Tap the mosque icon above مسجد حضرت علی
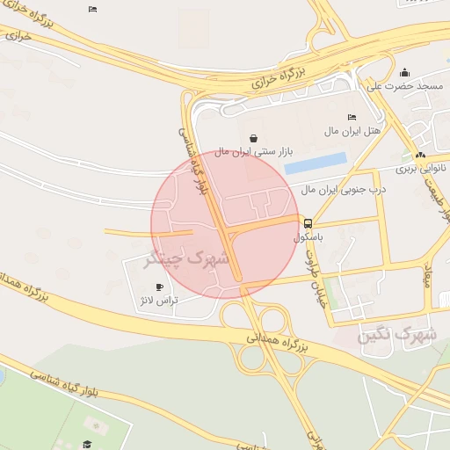(404, 72)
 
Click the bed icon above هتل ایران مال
(352, 118)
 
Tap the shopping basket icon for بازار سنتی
(254, 138)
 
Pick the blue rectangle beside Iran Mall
(316, 163)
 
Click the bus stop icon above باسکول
(308, 223)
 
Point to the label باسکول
(309, 237)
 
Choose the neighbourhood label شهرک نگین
(397, 335)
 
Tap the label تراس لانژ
(159, 301)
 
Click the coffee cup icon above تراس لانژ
(159, 287)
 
